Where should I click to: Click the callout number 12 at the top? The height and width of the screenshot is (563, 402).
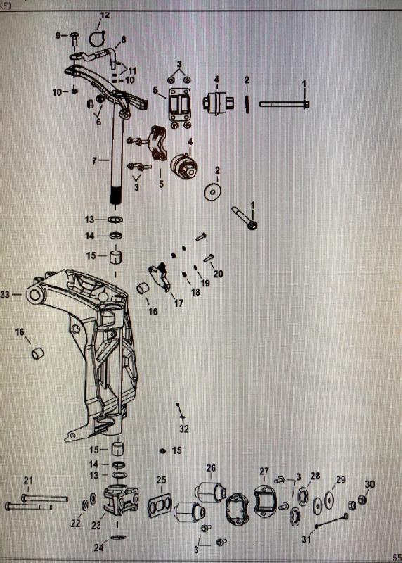click(104, 15)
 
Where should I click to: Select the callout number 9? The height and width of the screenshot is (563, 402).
click(58, 34)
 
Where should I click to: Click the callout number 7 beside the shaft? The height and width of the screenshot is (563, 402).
click(95, 161)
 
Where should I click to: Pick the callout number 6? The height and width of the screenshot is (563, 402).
click(98, 122)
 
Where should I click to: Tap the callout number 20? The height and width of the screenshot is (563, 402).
click(218, 274)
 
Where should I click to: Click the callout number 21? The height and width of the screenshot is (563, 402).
click(28, 481)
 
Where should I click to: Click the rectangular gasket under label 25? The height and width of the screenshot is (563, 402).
click(160, 505)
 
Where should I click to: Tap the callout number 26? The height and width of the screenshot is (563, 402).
click(211, 467)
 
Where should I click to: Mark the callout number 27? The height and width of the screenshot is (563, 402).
click(264, 471)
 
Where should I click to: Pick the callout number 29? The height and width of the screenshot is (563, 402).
click(341, 480)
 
